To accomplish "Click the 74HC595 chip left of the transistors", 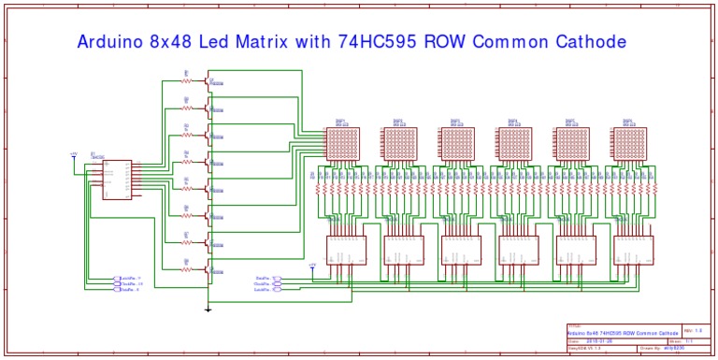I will click(116, 179).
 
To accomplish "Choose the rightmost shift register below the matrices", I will click(632, 250).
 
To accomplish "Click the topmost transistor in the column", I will click(208, 82).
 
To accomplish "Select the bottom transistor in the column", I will click(208, 270).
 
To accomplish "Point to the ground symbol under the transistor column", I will click(208, 308).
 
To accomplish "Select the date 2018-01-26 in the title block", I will click(598, 341).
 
